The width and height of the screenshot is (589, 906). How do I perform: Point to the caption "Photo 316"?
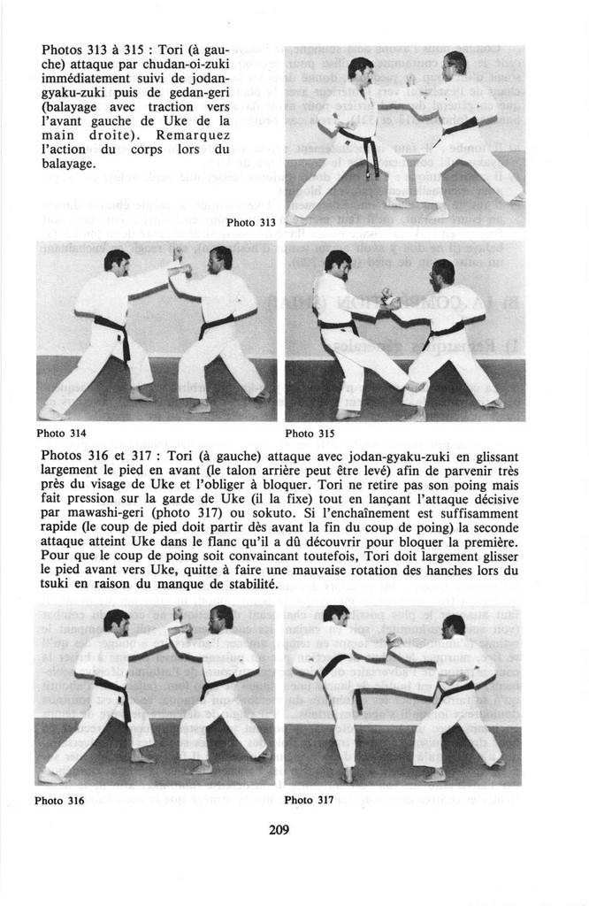59,801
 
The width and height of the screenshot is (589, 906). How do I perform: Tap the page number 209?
279,830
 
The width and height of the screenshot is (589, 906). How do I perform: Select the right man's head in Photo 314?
221,259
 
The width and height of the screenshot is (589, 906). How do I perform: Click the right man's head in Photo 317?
454,626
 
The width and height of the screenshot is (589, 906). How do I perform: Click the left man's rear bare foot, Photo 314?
52,412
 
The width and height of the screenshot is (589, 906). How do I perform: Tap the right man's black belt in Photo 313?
461,126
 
